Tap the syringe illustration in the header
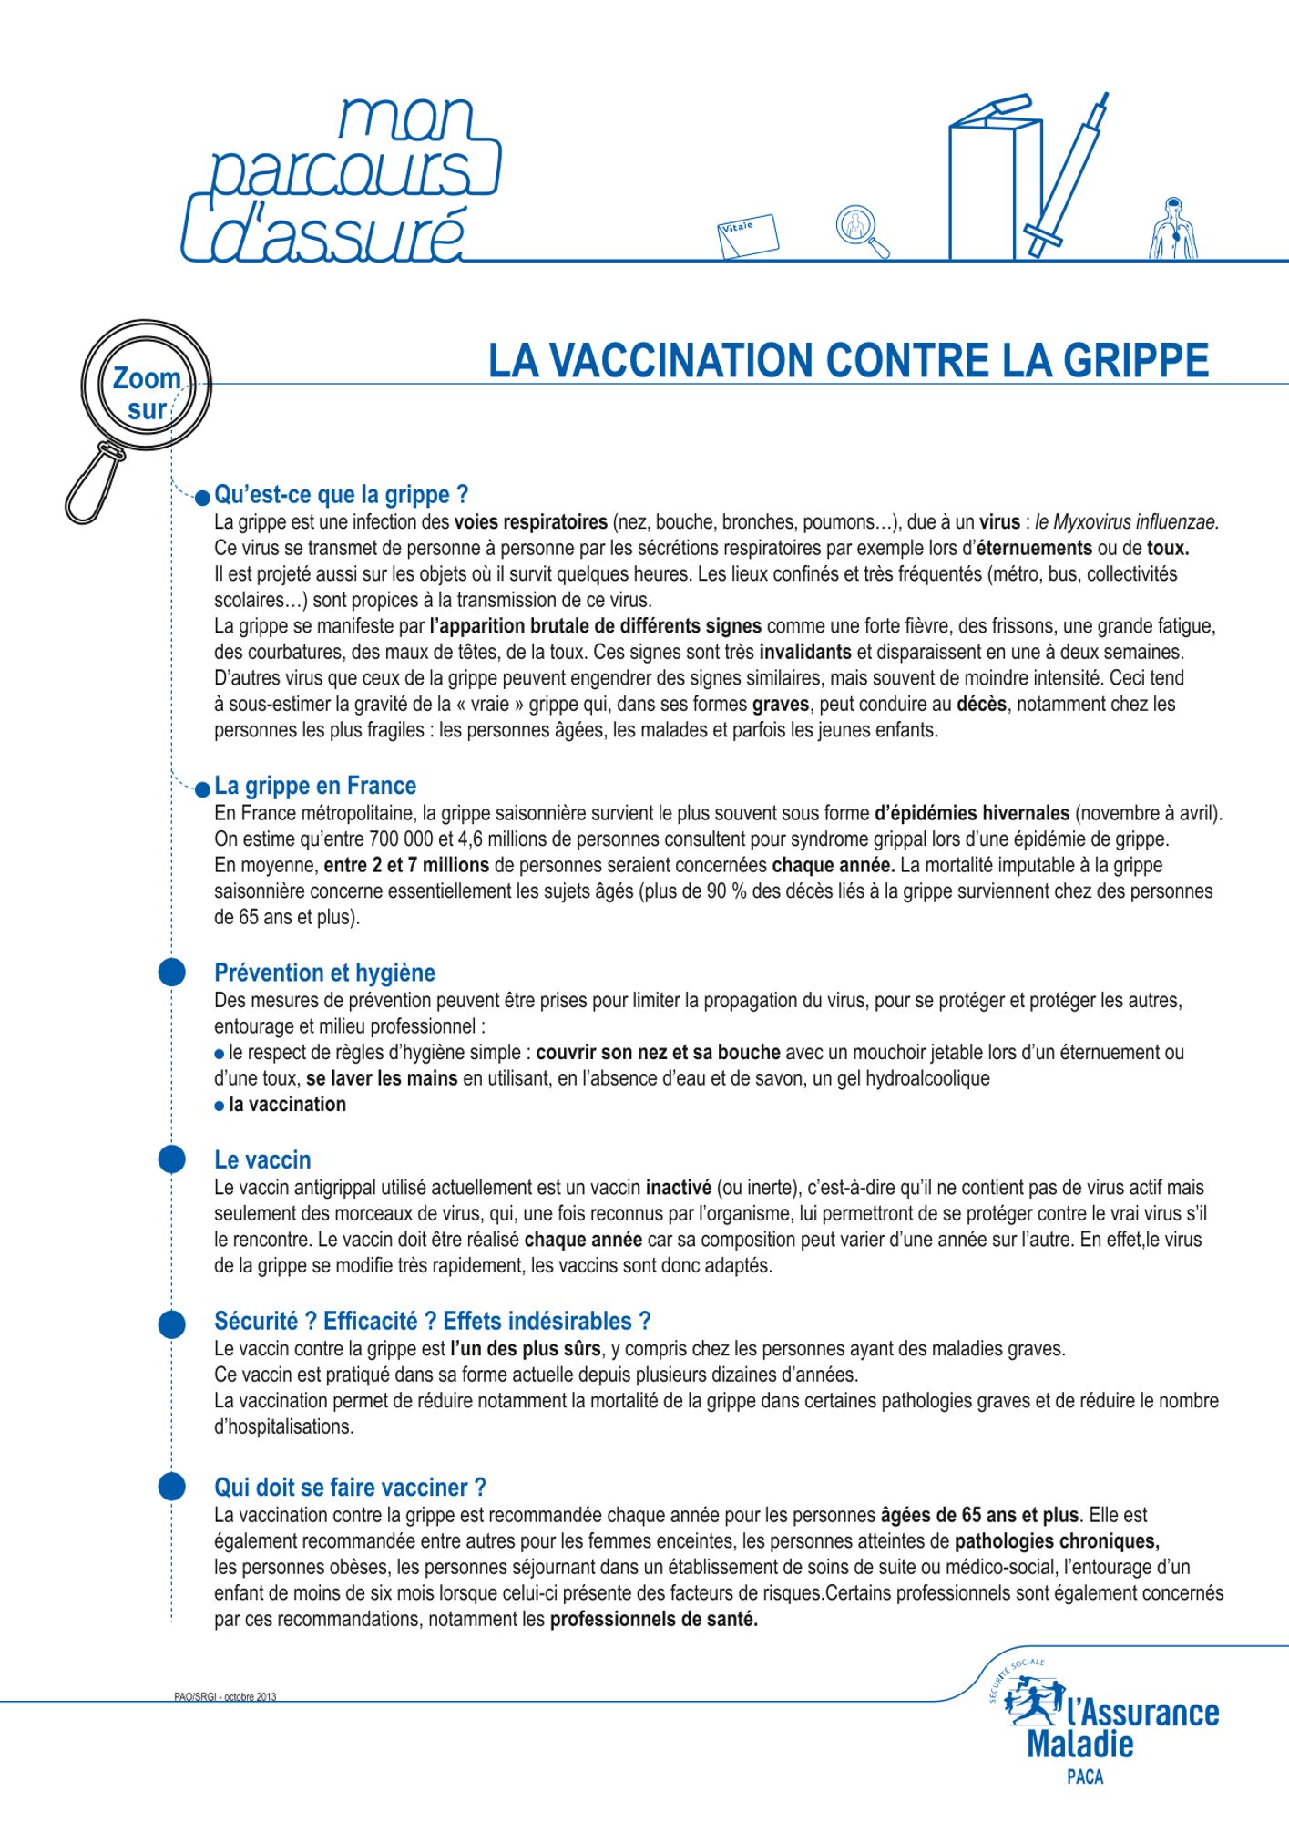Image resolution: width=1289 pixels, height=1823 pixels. [1069, 173]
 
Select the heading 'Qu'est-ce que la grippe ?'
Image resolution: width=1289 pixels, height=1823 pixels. [341, 495]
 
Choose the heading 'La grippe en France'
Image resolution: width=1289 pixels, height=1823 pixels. [315, 786]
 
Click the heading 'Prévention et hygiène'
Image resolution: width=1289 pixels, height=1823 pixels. [324, 973]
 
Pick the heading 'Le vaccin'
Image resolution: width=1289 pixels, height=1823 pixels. [262, 1159]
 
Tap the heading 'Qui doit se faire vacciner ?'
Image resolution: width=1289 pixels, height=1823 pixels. [350, 1488]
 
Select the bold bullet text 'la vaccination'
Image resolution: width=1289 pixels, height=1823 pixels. [287, 1105]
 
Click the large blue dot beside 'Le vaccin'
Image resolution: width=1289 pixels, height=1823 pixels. [171, 1159]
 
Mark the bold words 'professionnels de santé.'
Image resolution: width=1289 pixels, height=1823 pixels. [653, 1621]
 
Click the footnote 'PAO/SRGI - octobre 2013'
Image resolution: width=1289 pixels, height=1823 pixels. [225, 1697]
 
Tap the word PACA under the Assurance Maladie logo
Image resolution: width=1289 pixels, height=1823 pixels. [1084, 1777]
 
